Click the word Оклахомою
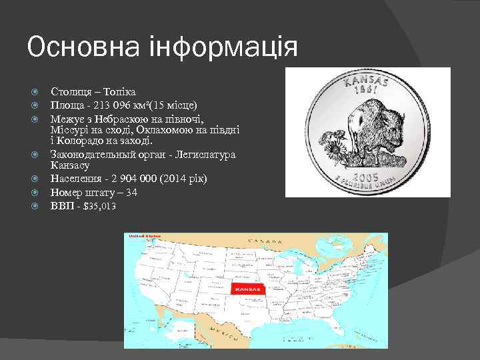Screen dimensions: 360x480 click(x=166, y=129)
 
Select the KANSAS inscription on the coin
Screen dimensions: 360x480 click(x=367, y=80)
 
